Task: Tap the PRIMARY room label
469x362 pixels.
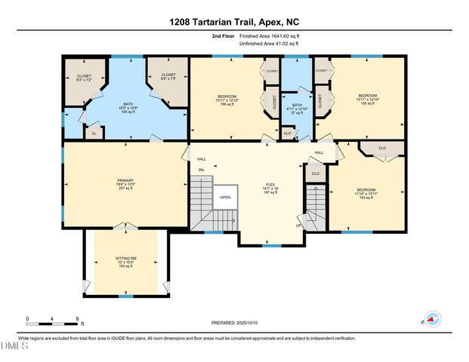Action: [125, 183]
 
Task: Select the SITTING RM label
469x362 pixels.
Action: [125, 261]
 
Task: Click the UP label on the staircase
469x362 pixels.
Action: [298, 225]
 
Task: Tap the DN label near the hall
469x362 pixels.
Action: [201, 170]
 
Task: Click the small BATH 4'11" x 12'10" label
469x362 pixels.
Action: [297, 109]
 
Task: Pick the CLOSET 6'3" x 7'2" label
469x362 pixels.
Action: [83, 77]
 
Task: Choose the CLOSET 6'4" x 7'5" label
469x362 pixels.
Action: [168, 77]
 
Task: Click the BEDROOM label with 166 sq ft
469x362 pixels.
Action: [227, 100]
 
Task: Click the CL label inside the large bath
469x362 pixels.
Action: [94, 133]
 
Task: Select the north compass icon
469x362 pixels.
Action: [431, 319]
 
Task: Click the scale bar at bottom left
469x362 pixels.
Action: [52, 319]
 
